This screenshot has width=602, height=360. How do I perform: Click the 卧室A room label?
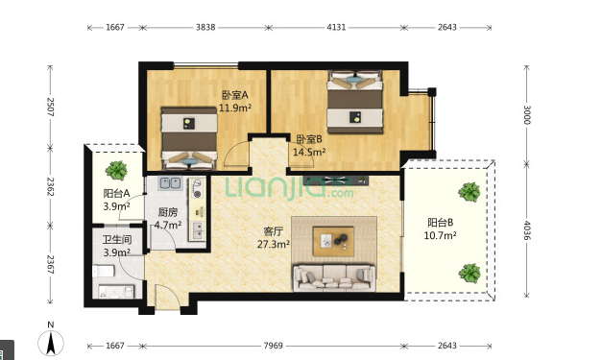coord(235,95)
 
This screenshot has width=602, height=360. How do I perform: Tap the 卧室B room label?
coord(309,139)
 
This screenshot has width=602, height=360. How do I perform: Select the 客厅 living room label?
coord(273,231)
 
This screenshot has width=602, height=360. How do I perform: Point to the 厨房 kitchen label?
coord(168,212)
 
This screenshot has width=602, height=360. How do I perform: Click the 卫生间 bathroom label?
coord(117,240)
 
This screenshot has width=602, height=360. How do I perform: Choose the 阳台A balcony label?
coord(116,193)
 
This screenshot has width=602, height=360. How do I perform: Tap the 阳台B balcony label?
coord(441,222)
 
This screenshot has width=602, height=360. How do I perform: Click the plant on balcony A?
coord(116,171)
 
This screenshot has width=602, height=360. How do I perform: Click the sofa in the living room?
coord(333,277)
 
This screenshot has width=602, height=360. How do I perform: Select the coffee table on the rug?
coord(333,241)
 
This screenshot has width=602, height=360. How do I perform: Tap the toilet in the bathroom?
coord(104,271)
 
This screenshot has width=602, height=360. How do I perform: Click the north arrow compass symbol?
coord(51,343)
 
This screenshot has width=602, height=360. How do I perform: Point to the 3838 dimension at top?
coord(205,27)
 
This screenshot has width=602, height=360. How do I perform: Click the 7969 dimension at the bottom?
coord(273,346)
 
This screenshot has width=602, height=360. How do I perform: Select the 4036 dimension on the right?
coord(526,230)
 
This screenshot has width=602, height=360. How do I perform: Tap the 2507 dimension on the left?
coord(50,108)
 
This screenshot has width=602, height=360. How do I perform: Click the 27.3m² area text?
coord(273,244)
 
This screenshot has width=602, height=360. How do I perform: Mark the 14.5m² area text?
coord(309,152)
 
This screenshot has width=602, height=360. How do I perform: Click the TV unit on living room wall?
coord(335,180)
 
